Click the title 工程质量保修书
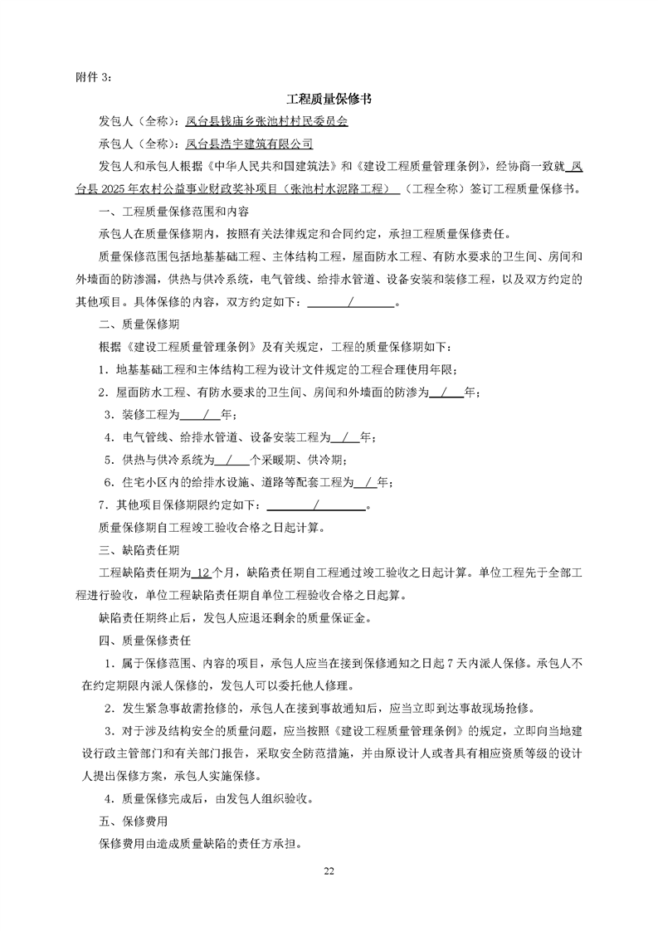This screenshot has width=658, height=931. [329, 99]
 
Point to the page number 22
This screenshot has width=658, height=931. [329, 870]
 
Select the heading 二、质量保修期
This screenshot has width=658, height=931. [133, 324]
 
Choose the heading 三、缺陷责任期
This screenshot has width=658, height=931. [133, 548]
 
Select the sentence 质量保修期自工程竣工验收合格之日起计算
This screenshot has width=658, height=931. [211, 526]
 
